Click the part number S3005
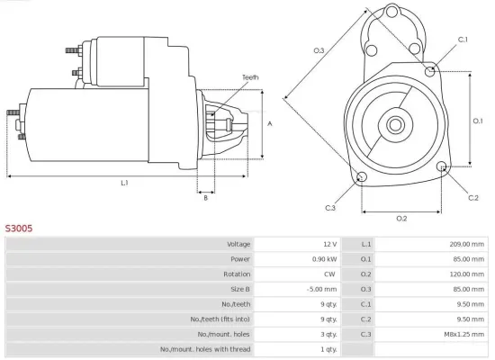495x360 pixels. tap(19, 229)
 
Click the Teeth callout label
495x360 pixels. tap(249, 78)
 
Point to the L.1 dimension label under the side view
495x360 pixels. tap(124, 184)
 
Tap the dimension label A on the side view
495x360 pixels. tap(269, 124)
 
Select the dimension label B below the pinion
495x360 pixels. tap(205, 198)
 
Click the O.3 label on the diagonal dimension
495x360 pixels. tap(319, 50)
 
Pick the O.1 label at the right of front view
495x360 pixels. tap(479, 120)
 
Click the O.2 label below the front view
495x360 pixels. tap(401, 219)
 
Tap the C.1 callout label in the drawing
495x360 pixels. tap(463, 40)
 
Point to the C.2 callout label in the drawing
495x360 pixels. tap(473, 196)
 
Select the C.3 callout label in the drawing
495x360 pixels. tap(331, 208)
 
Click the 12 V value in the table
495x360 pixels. tap(328, 244)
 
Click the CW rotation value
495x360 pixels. tap(329, 274)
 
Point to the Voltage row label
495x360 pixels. tap(238, 244)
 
